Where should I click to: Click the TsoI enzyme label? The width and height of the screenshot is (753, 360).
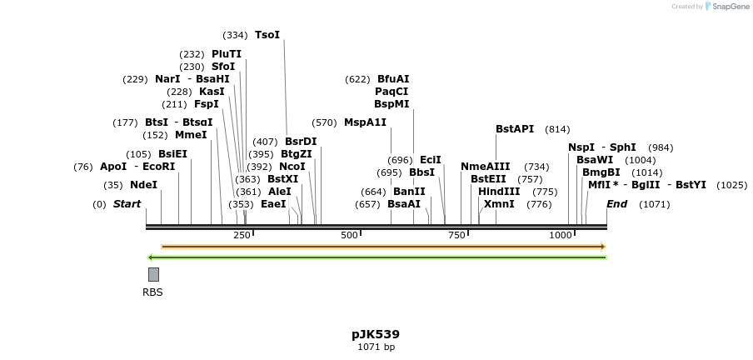267,35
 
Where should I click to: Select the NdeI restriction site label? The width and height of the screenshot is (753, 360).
143,185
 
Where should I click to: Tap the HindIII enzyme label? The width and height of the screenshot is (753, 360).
499,192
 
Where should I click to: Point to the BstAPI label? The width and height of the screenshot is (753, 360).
515,129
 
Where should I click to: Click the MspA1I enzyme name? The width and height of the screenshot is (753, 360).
365,122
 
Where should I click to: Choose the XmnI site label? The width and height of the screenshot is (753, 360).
499,204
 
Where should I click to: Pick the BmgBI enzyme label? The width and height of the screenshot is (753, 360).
601,172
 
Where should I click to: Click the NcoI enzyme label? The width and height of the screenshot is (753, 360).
292,167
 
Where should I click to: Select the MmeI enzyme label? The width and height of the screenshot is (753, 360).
191,135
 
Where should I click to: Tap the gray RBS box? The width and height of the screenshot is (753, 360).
153,274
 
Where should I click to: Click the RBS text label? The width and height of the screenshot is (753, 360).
152,292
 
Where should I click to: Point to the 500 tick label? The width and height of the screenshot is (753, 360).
348,236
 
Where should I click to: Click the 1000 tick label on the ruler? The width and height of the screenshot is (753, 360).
561,236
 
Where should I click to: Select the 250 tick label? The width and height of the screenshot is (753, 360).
242,236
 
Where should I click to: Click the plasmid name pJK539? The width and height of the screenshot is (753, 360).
376,334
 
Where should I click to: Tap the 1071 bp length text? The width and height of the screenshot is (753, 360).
376,347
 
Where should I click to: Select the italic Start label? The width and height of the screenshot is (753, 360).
127,204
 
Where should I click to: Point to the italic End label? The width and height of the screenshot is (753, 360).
617,204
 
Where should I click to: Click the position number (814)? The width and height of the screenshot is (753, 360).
557,129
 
